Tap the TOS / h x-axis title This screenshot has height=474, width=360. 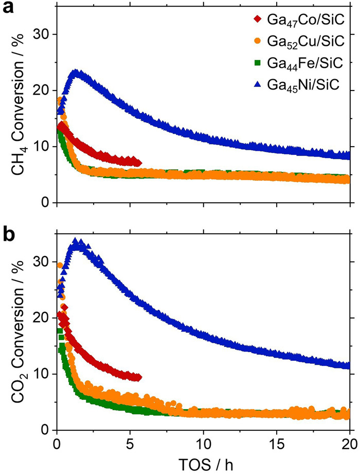tap(203, 461)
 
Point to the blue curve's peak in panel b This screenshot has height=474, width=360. tap(77, 242)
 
